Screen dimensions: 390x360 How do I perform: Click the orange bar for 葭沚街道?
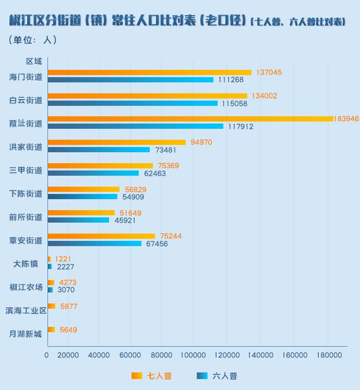point(190,119)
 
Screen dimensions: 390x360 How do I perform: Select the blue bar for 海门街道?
point(130,80)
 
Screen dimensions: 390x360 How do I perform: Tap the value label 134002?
point(264,96)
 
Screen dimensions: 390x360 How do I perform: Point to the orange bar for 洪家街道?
point(116,142)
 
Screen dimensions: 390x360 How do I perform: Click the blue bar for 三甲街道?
point(93,173)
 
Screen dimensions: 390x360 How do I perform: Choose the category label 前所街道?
point(26,217)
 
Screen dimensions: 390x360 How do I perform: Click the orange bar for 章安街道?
point(101,236)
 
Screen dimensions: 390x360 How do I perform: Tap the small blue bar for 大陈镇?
point(50,266)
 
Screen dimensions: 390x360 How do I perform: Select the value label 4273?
point(68,283)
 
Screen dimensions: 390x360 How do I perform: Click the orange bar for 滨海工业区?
point(51,306)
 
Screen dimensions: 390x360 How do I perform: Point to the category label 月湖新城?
point(26,334)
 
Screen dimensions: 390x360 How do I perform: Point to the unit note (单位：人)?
point(33,40)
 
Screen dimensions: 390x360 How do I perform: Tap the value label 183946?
point(346,119)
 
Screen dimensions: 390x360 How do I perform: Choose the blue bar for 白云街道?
point(133,103)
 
